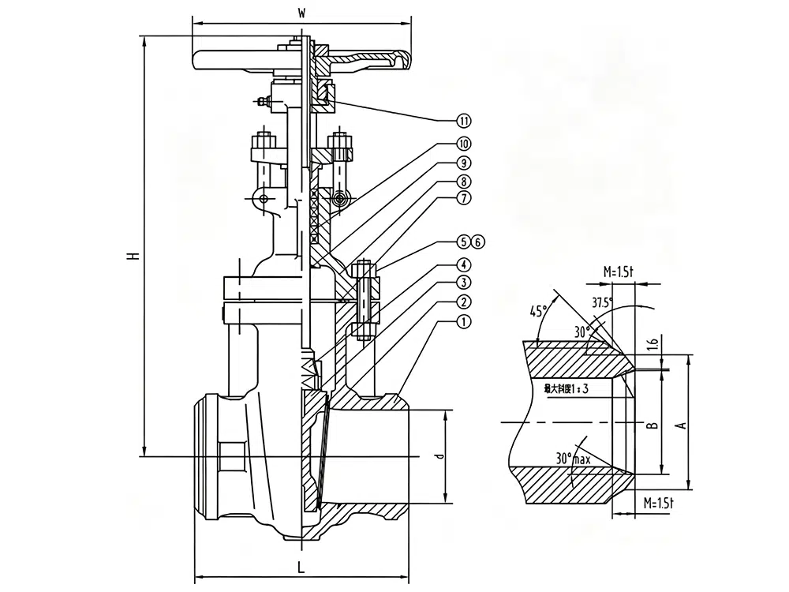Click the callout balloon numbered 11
pyautogui.click(x=464, y=121)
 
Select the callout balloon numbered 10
pyautogui.click(x=464, y=144)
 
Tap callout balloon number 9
pyautogui.click(x=464, y=163)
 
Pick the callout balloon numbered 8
pyautogui.click(x=464, y=181)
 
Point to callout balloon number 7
pyautogui.click(x=464, y=198)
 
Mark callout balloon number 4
pyautogui.click(x=464, y=265)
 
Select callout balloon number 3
pyautogui.click(x=464, y=283)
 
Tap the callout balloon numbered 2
pyautogui.click(x=464, y=302)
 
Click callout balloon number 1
pyautogui.click(x=464, y=322)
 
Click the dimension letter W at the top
pyautogui.click(x=301, y=13)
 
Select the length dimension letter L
pyautogui.click(x=301, y=566)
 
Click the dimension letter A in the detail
pyautogui.click(x=682, y=424)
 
